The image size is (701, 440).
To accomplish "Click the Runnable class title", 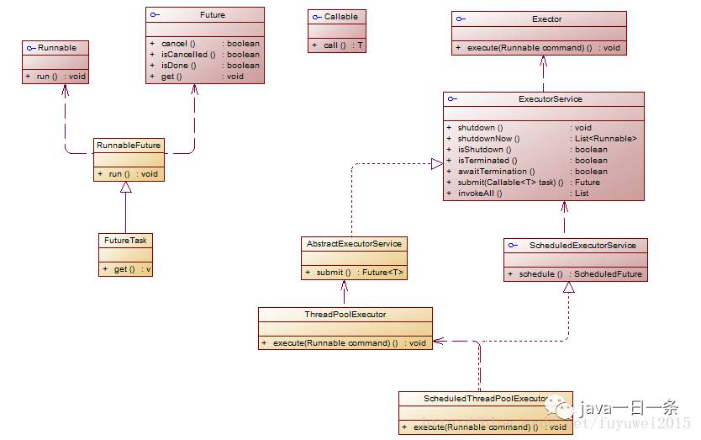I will pos(57,48).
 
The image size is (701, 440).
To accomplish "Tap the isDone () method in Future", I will pos(178,65).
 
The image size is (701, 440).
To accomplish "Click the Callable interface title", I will pos(340,16).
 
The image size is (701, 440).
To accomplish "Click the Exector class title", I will pos(547,19).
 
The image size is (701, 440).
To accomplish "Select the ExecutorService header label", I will pos(550,99).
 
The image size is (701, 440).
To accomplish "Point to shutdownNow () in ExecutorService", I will pos(488,139).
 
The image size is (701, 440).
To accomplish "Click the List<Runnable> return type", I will pos(605,139).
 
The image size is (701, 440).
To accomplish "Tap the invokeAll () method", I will pos(479,193).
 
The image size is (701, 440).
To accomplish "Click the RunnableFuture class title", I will pos(129,146).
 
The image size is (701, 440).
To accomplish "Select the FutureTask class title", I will pos(125,240).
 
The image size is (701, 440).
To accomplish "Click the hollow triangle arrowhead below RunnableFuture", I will pos(125,188).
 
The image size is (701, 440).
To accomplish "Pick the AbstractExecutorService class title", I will pos(353,243).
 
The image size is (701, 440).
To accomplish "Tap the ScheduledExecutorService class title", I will pos(577,246).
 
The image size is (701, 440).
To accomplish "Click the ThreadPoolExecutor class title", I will pos(345,315).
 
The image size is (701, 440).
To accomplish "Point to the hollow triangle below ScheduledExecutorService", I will pos(569,288).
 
